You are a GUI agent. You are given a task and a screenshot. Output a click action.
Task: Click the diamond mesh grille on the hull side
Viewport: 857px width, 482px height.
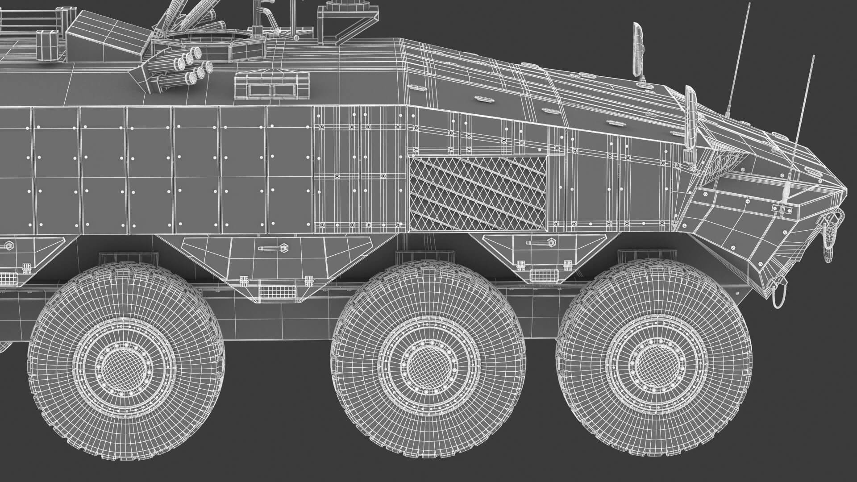click(x=478, y=193)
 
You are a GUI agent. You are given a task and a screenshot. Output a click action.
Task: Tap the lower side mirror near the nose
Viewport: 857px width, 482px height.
click(x=691, y=118)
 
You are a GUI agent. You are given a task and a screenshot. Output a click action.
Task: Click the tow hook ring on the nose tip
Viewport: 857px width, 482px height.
click(x=830, y=233)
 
